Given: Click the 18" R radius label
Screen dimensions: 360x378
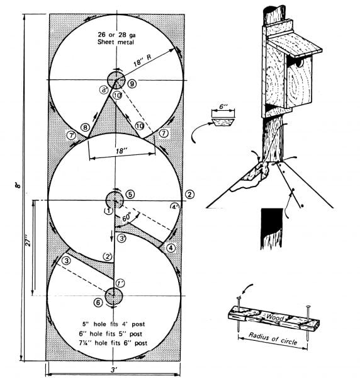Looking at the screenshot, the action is pos(142,60).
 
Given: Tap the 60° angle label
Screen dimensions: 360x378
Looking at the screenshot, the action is pos(127,217).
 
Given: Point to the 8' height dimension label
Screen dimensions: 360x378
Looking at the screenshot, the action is pos(18,185).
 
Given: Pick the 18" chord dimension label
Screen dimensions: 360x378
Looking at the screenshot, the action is pos(121,151).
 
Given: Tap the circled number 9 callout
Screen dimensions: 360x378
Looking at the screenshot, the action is pos(132,84).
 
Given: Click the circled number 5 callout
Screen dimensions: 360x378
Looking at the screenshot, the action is pos(130,194).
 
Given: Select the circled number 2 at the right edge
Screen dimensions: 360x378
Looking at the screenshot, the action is pos(189,194).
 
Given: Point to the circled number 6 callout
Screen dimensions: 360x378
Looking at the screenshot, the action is pos(98,302).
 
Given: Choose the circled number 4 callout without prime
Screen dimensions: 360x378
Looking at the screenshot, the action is pos(171,248).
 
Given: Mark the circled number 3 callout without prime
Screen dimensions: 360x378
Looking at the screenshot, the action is pos(67,261).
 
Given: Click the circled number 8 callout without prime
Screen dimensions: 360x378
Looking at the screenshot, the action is pos(85,127).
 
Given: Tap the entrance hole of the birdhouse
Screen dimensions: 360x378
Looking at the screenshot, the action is pos(300,63).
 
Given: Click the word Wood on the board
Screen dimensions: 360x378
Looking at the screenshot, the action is pos(274,317).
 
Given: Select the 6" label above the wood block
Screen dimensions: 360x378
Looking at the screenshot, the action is pos(223,106).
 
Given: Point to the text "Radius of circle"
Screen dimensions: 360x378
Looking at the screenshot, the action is pos(273,338).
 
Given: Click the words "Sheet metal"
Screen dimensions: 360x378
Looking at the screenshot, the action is pos(116,42).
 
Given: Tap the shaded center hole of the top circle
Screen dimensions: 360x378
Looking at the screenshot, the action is pos(116,80).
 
